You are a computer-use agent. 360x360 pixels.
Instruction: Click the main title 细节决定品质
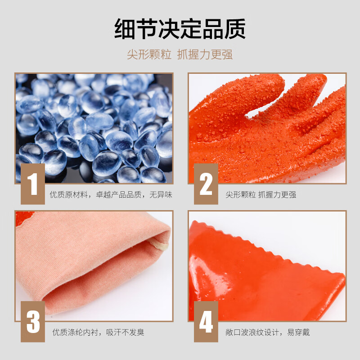(x=180, y=29)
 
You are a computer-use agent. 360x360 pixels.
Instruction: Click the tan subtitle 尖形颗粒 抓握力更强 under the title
(x=180, y=54)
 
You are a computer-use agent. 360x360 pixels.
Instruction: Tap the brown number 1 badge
(x=33, y=184)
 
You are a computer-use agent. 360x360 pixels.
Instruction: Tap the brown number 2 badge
(x=206, y=184)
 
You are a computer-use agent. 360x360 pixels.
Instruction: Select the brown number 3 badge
(x=33, y=322)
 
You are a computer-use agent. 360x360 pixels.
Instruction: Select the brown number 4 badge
(x=206, y=322)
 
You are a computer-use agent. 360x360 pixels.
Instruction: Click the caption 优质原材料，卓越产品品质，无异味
(x=111, y=195)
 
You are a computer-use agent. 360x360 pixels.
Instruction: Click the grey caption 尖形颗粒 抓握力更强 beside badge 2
(x=261, y=195)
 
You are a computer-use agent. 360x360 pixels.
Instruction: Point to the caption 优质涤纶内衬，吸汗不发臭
(x=98, y=332)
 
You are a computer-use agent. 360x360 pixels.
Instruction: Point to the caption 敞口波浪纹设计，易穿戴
(x=267, y=332)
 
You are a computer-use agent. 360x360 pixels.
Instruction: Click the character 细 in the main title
(x=125, y=29)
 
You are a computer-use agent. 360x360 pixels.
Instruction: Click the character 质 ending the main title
(x=235, y=29)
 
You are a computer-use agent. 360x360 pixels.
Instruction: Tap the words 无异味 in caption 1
(x=161, y=195)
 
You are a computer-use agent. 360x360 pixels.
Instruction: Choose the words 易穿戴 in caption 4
(x=298, y=332)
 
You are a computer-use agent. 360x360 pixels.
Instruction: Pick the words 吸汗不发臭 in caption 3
(x=125, y=332)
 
